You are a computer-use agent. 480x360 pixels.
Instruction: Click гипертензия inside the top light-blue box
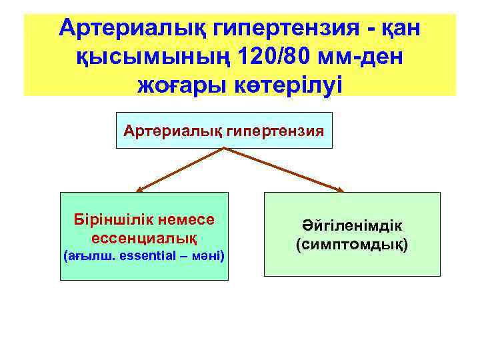click(276, 131)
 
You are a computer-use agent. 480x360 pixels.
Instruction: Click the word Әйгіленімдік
click(351, 227)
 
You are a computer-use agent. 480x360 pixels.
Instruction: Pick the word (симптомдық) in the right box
click(351, 244)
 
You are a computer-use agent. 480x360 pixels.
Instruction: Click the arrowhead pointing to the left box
click(140, 189)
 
